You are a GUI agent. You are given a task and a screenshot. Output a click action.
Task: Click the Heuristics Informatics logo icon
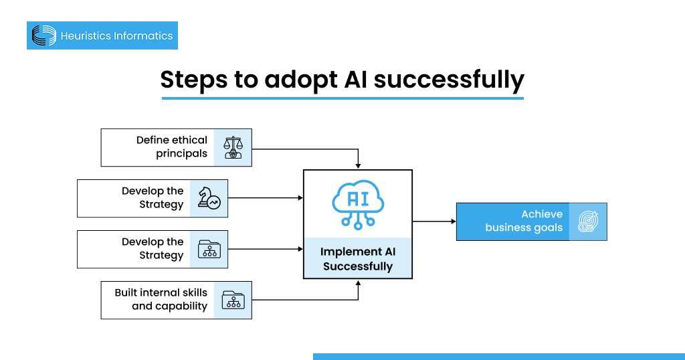pyautogui.click(x=44, y=35)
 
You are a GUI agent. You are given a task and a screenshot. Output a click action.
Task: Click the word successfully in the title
pyautogui.click(x=448, y=79)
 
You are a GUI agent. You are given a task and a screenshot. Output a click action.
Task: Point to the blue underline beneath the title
pyautogui.click(x=342, y=98)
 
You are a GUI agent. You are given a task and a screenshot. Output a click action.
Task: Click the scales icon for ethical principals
pyautogui.click(x=233, y=147)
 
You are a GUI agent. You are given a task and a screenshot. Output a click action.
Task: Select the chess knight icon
pyautogui.click(x=209, y=198)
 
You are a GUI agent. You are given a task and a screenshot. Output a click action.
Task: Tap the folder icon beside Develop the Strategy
pyautogui.click(x=209, y=249)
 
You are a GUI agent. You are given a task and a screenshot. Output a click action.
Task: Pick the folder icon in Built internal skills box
pyautogui.click(x=233, y=300)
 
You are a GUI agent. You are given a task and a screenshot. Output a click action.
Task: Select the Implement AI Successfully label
pyautogui.click(x=357, y=259)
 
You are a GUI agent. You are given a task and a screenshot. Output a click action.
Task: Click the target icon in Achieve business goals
pyautogui.click(x=588, y=221)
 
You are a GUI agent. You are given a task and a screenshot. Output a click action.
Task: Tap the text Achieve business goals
pyautogui.click(x=524, y=221)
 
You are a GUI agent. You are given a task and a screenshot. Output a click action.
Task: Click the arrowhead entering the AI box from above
pyautogui.click(x=359, y=166)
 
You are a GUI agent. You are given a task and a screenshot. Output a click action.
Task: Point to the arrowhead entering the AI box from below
pyautogui.click(x=359, y=283)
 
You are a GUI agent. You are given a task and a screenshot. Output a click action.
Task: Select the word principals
pyautogui.click(x=182, y=154)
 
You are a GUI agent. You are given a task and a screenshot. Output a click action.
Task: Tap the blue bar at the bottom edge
pyautogui.click(x=498, y=357)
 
